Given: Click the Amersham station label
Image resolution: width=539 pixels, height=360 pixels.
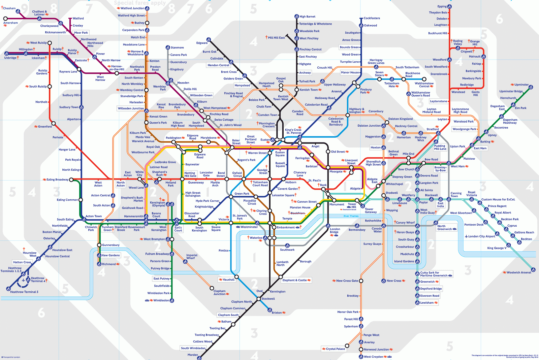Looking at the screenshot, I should (10, 23).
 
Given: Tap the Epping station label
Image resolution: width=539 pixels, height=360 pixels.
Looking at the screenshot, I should (442, 6).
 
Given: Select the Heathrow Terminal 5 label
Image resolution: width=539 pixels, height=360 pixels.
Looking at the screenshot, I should (24, 292).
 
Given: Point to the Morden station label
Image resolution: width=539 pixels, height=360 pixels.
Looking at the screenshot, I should (193, 355).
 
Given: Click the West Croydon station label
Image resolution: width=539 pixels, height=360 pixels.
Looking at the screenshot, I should (373, 357).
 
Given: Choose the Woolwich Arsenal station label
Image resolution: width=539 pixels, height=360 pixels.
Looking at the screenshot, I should (519, 272).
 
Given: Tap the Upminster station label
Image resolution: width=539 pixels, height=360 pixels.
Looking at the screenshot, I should (521, 85).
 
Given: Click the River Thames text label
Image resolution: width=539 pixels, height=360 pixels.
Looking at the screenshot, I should (351, 216).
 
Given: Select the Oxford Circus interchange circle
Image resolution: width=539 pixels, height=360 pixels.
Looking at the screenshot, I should (244, 179).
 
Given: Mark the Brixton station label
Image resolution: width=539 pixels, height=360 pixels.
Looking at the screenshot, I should (277, 313).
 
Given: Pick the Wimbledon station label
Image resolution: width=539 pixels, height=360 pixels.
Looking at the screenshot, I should (161, 300).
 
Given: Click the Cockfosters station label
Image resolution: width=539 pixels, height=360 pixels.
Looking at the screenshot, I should (372, 18).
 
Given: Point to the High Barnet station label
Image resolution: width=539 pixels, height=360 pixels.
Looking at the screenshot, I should (307, 17).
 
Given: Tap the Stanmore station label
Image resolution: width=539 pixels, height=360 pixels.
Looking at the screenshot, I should (177, 47).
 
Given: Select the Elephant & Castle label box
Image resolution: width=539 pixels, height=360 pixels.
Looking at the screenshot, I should (295, 280).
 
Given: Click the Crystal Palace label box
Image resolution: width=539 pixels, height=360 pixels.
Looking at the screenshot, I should (336, 349).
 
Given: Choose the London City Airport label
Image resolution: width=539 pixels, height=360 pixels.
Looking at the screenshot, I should (481, 236).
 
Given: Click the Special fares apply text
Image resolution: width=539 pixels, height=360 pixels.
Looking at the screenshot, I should (140, 3).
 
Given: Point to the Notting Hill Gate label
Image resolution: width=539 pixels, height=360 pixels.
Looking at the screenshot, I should (190, 174).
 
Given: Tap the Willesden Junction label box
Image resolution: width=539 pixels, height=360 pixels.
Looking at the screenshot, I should (131, 108).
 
